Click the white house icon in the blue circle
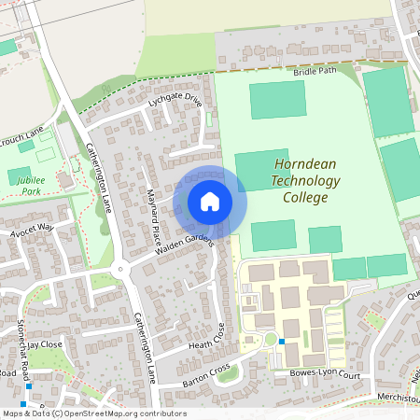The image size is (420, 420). click(210, 202)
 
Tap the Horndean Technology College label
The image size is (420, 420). click(307, 181)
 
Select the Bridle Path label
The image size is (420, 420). click(313, 71)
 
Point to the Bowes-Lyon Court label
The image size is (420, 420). click(324, 374)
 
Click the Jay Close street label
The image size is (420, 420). click(44, 344)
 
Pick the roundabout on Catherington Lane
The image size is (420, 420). click(119, 271)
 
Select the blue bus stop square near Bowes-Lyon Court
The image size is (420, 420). click(281, 342)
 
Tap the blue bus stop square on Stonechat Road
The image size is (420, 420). click(29, 386)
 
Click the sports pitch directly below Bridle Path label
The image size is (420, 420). click(277, 100)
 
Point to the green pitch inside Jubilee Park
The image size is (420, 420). click(20, 175)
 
